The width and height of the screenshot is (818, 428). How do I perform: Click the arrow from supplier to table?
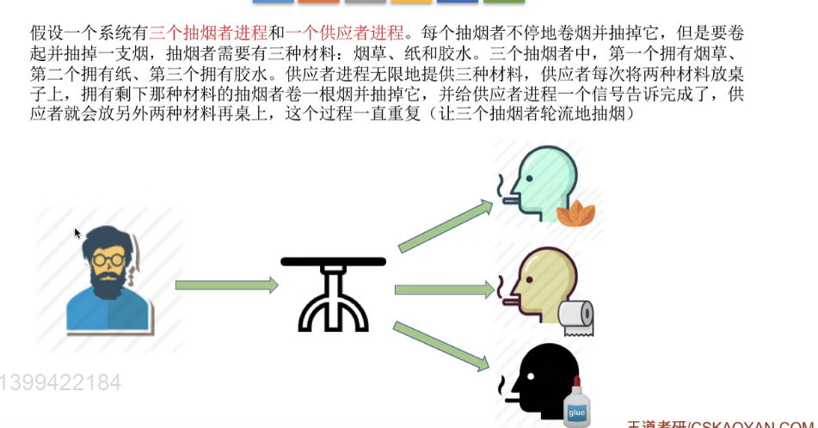(226, 285)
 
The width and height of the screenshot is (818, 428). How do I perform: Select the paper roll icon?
(576, 315)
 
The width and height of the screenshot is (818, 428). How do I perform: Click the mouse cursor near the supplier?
(77, 233)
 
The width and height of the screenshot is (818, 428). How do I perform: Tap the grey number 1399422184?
(60, 382)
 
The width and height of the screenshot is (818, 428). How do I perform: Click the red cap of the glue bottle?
(576, 383)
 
